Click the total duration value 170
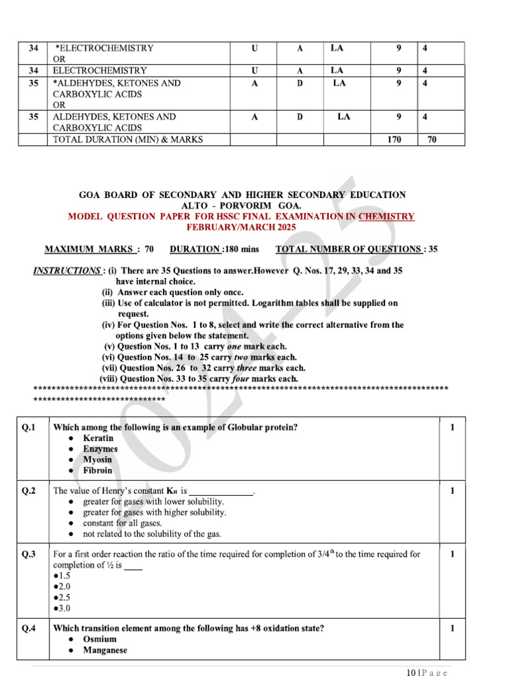pyautogui.click(x=394, y=139)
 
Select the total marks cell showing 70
pyautogui.click(x=432, y=139)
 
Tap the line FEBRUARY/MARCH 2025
pyautogui.click(x=242, y=227)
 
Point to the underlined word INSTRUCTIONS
pyautogui.click(x=66, y=271)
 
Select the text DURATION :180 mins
pyautogui.click(x=215, y=249)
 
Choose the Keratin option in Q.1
pyautogui.click(x=98, y=438)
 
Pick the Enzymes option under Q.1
pyautogui.click(x=100, y=449)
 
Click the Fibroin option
pyautogui.click(x=97, y=471)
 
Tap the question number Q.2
pyautogui.click(x=29, y=490)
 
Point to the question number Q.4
pyautogui.click(x=29, y=628)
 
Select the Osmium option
pyautogui.click(x=100, y=639)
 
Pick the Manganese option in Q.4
pyautogui.click(x=105, y=650)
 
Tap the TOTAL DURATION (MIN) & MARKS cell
pyautogui.click(x=127, y=139)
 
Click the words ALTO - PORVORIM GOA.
pyautogui.click(x=242, y=206)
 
